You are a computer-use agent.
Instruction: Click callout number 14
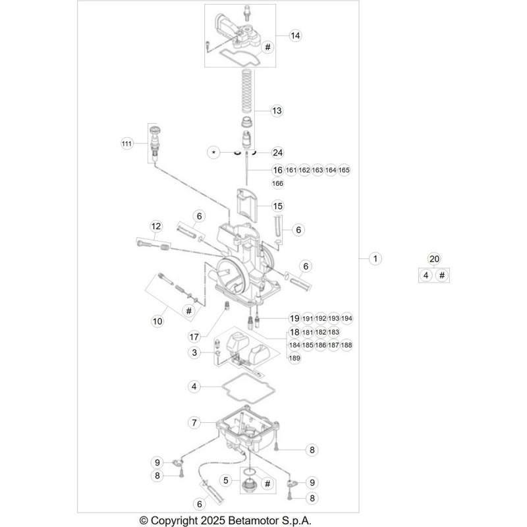(x=295, y=36)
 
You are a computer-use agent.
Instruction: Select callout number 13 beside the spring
(x=277, y=111)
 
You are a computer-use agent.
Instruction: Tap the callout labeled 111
(x=126, y=144)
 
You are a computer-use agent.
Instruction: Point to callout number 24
(x=277, y=153)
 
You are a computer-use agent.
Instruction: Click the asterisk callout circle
(x=213, y=153)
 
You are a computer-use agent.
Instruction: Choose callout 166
(x=277, y=183)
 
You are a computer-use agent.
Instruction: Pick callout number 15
(x=277, y=206)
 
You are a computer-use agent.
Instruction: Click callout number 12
(x=156, y=226)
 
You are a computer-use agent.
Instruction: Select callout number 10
(x=157, y=321)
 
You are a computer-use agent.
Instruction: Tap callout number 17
(x=194, y=337)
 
